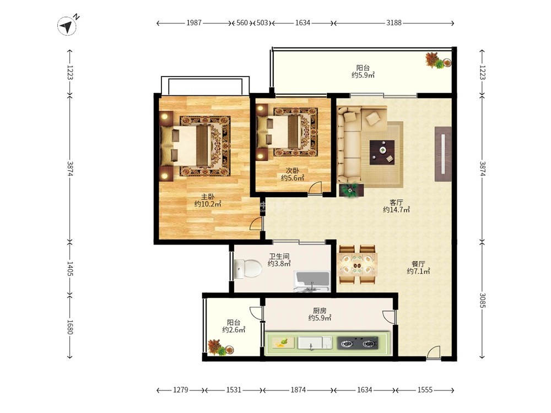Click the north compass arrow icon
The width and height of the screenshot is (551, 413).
tap(67, 26)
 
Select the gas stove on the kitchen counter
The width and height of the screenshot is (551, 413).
tap(358, 343)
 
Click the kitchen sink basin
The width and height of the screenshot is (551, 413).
tap(315, 343)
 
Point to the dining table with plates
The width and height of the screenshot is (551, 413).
tap(358, 264)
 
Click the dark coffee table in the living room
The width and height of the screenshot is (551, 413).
tap(382, 153)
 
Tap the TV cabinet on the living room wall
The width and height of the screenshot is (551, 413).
tap(443, 154)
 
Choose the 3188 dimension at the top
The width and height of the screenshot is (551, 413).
tap(394, 23)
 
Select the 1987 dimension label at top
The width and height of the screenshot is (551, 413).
tap(194, 23)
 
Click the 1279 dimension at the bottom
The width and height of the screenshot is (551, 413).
tap(181, 390)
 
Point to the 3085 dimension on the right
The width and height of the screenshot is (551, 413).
tap(483, 300)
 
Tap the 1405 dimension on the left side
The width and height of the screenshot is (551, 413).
tap(69, 268)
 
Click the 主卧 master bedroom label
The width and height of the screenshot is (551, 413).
tap(208, 197)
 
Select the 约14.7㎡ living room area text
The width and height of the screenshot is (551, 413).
tap(396, 210)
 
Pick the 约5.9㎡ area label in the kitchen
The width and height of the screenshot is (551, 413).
tap(320, 318)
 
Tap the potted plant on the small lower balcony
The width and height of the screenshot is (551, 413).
tap(220, 347)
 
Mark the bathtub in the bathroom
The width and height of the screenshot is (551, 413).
tap(312, 281)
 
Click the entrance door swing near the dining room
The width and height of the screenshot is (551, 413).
tap(434, 352)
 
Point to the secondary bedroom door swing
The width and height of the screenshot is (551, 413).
tap(315, 187)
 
